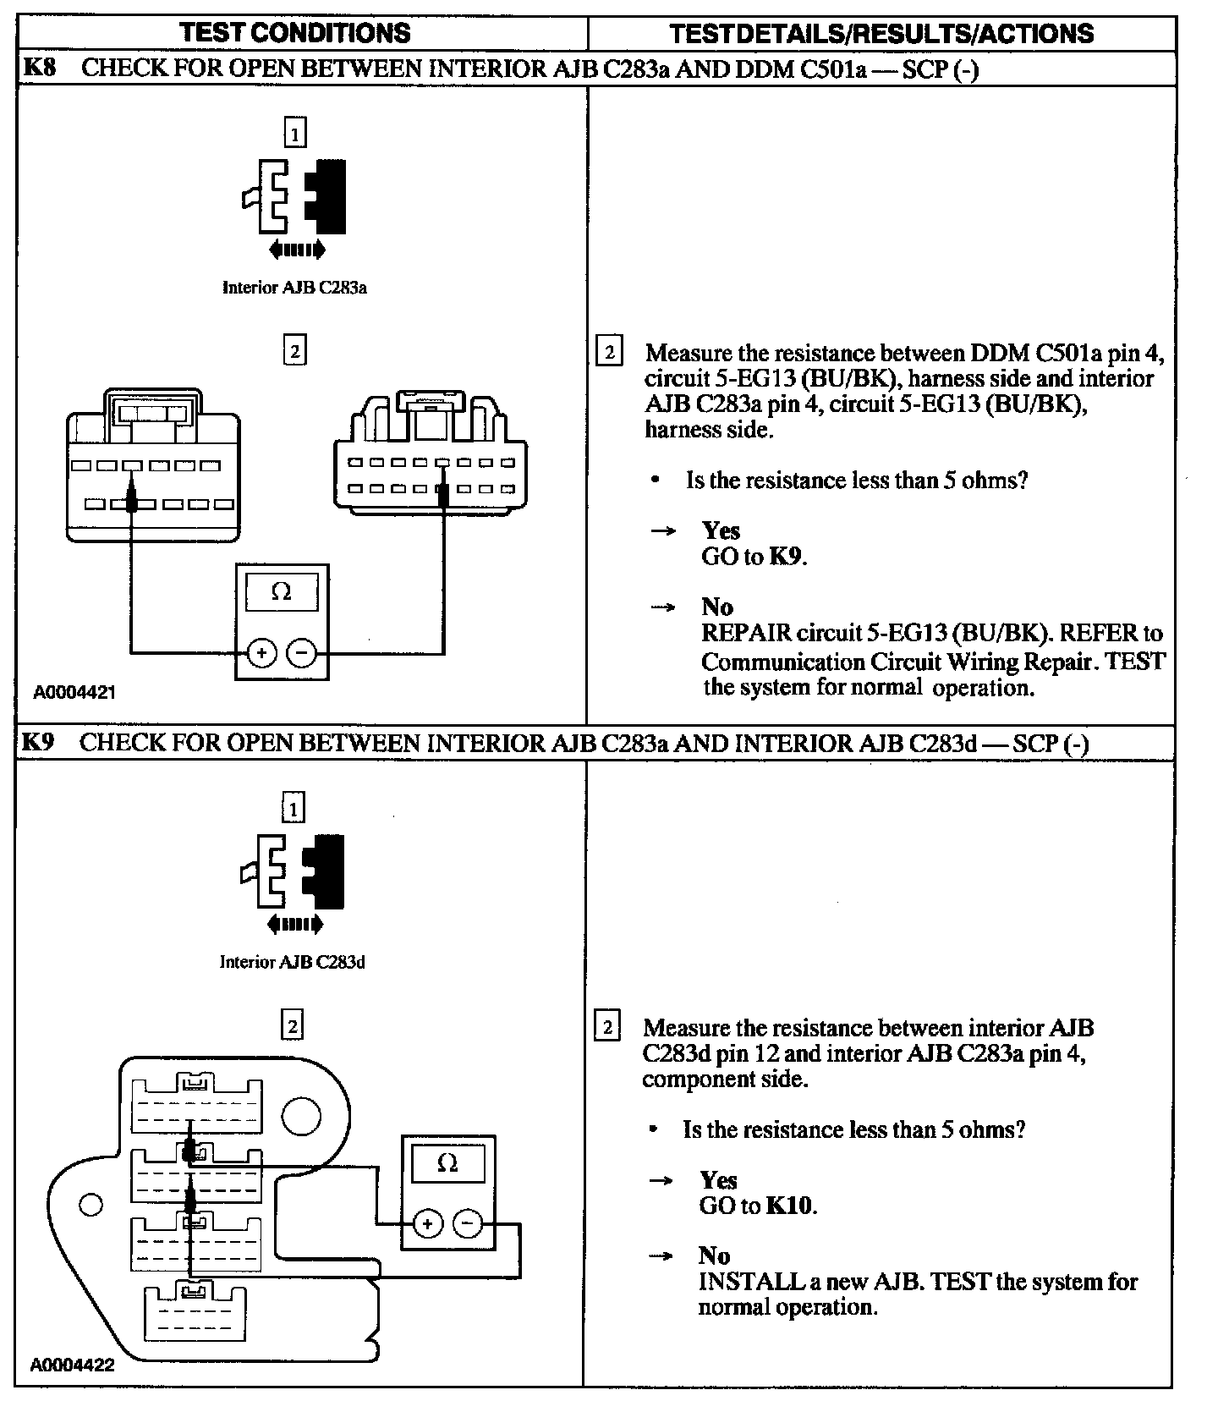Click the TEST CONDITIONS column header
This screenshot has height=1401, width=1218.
295,33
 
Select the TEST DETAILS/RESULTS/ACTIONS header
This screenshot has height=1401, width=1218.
881,34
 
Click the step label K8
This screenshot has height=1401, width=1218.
38,68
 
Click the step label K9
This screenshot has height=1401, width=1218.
38,743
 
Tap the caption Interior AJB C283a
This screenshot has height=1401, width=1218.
294,288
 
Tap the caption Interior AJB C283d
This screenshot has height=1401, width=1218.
292,962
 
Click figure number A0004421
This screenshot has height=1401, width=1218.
74,692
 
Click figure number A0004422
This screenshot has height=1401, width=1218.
72,1365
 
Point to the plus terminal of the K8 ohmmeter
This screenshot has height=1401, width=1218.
261,652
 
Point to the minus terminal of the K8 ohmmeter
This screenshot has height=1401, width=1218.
301,652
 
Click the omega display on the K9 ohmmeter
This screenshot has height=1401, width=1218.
447,1164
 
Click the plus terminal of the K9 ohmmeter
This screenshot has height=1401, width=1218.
427,1223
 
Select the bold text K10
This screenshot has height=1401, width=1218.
790,1205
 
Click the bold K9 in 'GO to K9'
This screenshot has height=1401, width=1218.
786,557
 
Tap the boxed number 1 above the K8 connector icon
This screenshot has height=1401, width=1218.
294,134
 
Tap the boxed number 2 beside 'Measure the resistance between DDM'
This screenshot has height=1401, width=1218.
609,351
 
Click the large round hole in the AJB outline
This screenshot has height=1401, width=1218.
301,1117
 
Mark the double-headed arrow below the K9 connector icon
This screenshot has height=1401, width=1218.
294,925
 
